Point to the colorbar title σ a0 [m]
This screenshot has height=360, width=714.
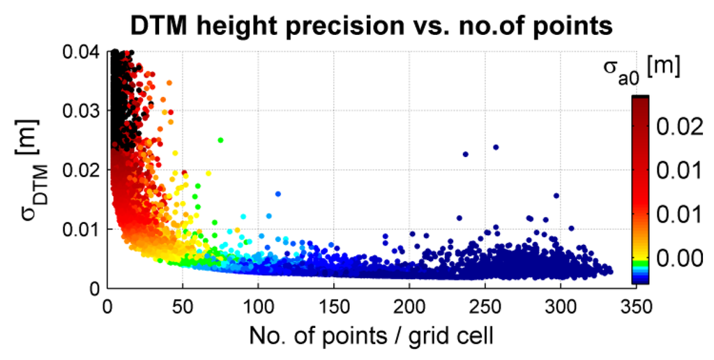click(640, 69)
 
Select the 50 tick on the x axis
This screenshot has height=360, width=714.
click(182, 305)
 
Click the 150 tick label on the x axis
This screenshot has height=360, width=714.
click(333, 305)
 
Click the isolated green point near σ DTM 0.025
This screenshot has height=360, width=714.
click(220, 140)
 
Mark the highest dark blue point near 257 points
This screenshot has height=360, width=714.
click(496, 147)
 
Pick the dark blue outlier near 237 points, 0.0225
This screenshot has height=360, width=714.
click(466, 154)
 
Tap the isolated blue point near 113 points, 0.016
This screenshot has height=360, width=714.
click(278, 194)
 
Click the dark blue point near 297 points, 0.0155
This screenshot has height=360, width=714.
click(556, 196)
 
